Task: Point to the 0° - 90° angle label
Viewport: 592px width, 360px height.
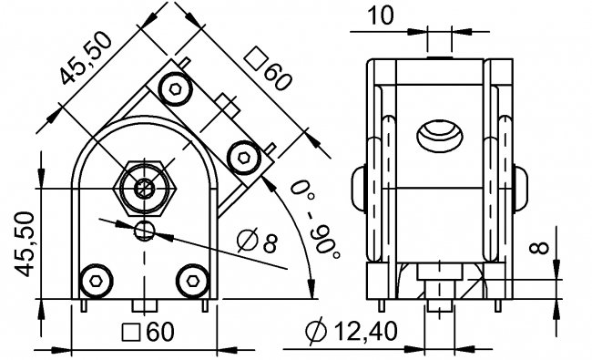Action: (313, 220)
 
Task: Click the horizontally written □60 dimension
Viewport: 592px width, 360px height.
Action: (148, 333)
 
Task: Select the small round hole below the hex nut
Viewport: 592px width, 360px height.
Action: (144, 230)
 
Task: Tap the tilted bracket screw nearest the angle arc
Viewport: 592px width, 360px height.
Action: (242, 158)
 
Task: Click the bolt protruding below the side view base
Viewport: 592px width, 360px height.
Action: (440, 300)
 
